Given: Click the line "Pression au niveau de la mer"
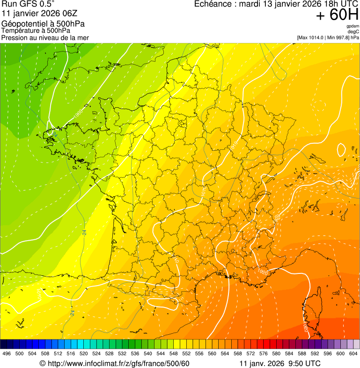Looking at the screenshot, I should click(x=45, y=37).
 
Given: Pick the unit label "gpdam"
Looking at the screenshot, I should click(x=353, y=26).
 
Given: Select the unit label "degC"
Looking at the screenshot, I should click(x=353, y=32).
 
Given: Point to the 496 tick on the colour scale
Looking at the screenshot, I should click(x=7, y=353).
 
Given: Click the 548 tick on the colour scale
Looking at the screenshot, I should click(x=173, y=353).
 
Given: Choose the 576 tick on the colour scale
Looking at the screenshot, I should click(x=263, y=353).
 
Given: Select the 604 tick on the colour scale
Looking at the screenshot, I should click(x=353, y=353).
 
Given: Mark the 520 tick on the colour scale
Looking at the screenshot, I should click(x=83, y=353).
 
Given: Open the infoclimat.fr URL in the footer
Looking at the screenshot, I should click(x=114, y=363).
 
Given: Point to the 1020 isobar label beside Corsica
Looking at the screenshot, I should click(x=305, y=326).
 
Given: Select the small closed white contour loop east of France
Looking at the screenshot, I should click(x=341, y=150).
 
